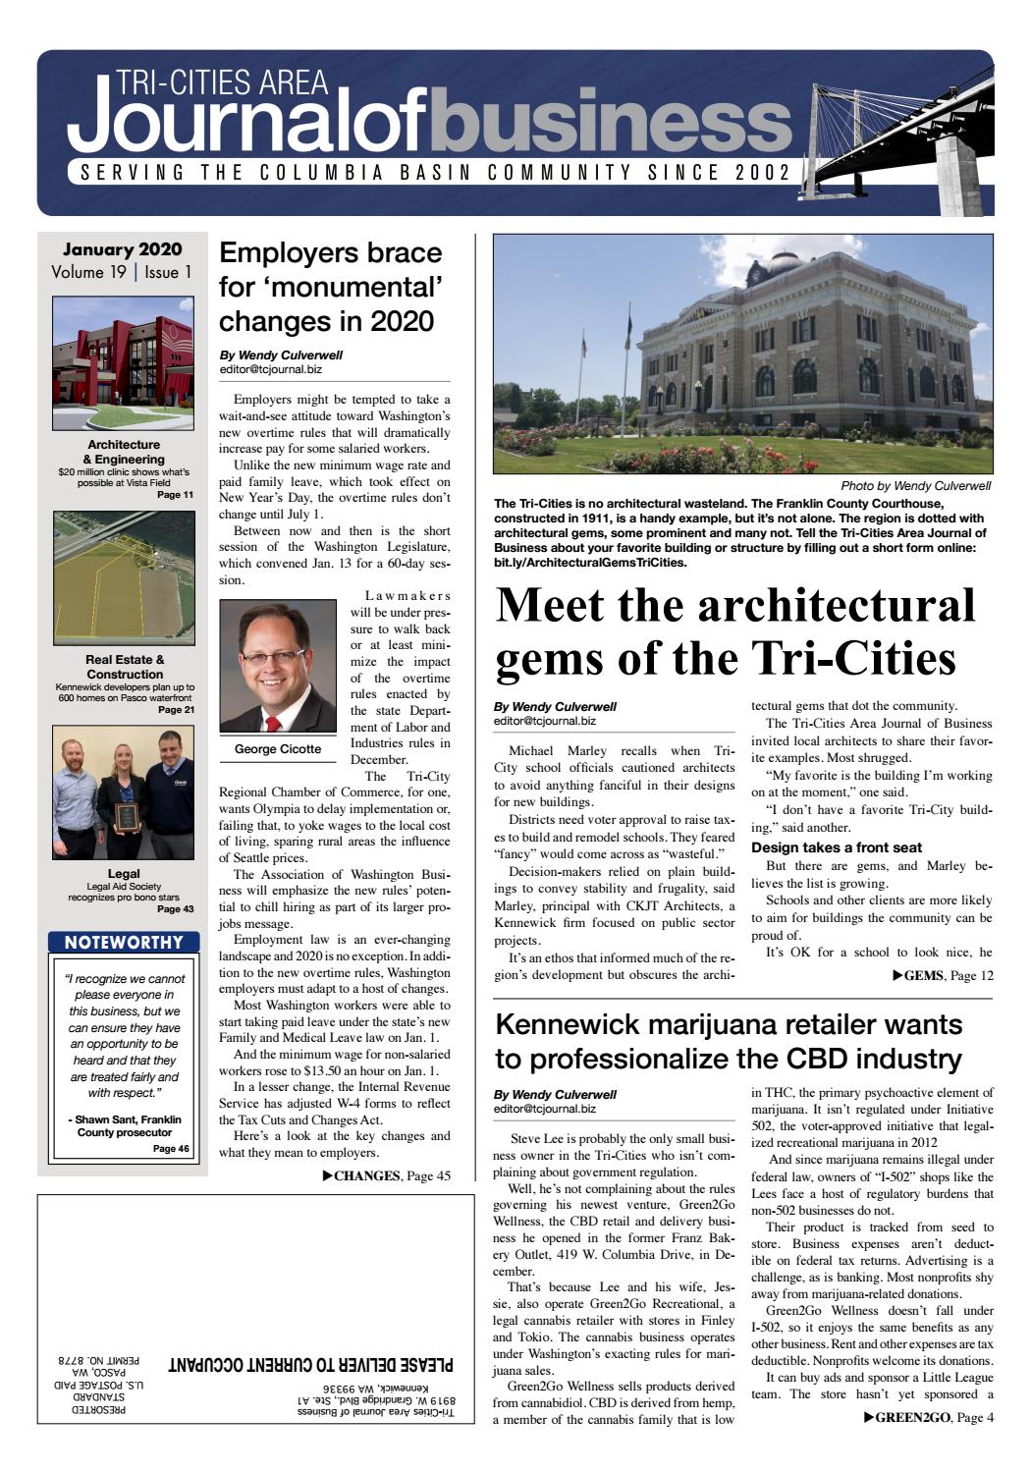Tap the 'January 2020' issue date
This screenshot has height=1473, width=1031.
pyautogui.click(x=123, y=249)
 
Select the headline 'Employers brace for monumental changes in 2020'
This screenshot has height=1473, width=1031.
pyautogui.click(x=331, y=287)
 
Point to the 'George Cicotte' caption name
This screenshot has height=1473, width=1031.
pyautogui.click(x=278, y=749)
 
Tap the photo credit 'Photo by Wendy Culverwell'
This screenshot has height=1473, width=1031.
pyautogui.click(x=915, y=486)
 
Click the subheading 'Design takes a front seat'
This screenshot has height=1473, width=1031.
pyautogui.click(x=837, y=847)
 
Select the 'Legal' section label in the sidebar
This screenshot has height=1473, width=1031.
pyautogui.click(x=124, y=873)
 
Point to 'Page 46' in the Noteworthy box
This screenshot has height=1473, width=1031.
pyautogui.click(x=171, y=1149)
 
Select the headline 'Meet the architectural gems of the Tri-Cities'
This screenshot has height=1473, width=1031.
pyautogui.click(x=735, y=631)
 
